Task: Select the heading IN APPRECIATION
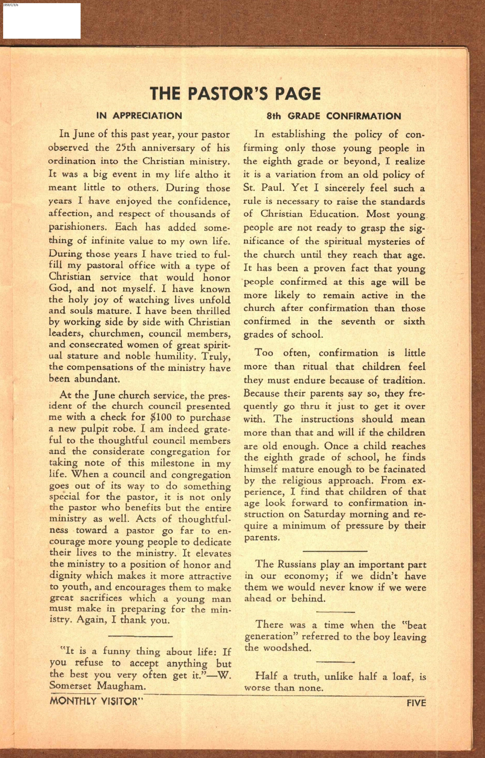click(139, 116)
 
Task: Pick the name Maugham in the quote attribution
click(121, 686)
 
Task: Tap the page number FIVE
click(416, 703)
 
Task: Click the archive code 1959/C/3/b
click(10, 5)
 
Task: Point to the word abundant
click(97, 378)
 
